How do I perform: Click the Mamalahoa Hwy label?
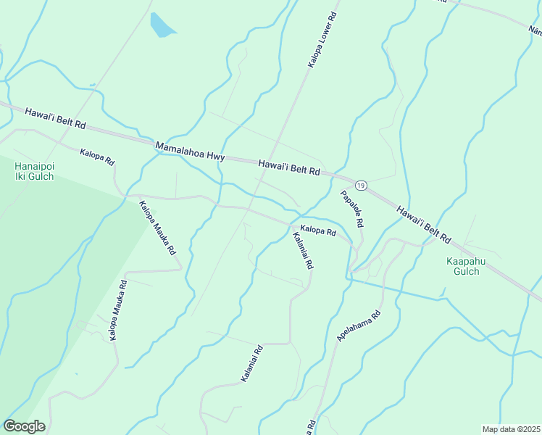click(x=191, y=152)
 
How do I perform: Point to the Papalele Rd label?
click(x=353, y=209)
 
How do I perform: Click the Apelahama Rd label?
click(x=359, y=327)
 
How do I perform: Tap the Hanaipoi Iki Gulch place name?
click(x=34, y=171)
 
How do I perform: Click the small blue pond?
click(x=162, y=26)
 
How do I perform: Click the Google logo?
click(x=24, y=426)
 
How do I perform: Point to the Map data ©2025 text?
click(x=511, y=429)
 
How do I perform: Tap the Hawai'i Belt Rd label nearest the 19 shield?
click(x=289, y=168)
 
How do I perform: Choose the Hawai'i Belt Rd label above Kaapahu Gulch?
click(x=424, y=223)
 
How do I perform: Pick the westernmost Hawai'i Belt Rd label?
click(x=55, y=118)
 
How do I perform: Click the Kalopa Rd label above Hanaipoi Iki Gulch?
click(x=97, y=155)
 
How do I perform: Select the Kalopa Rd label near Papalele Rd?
click(x=318, y=231)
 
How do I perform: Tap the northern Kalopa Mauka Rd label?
click(x=157, y=227)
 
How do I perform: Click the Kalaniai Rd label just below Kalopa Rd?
click(x=302, y=251)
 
